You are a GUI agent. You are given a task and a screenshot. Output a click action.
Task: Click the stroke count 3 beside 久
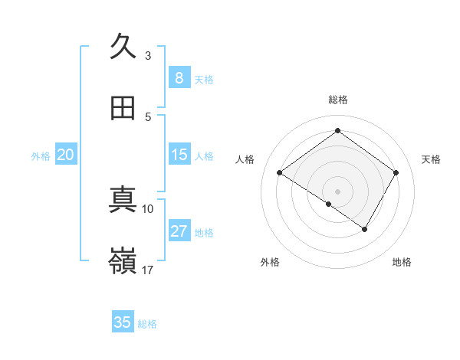[x=148, y=55]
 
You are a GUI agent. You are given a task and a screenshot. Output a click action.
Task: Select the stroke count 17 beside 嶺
[x=148, y=270]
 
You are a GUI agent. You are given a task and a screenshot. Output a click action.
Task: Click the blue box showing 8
[x=179, y=78]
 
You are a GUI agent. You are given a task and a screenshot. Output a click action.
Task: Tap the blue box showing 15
[x=179, y=155]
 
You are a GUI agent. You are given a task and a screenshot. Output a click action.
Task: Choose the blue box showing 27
[x=179, y=231]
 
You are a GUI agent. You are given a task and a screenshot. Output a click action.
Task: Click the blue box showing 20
[x=66, y=155]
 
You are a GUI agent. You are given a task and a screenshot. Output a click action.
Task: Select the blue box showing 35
[x=123, y=322]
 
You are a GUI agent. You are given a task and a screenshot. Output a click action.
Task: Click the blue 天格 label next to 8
[x=204, y=79]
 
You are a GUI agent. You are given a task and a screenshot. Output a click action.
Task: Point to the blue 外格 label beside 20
[x=41, y=155]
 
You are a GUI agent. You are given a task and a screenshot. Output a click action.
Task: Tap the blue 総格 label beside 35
[x=148, y=323]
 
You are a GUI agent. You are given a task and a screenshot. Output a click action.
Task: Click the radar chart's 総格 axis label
[x=338, y=100]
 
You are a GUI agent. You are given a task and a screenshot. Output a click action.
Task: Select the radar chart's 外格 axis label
[x=270, y=262]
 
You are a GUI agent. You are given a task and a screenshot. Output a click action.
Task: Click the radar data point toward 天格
[x=396, y=173]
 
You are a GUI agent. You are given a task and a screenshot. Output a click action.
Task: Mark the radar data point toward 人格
[x=280, y=173]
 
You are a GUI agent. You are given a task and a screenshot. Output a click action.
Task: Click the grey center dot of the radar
[x=337, y=191]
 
